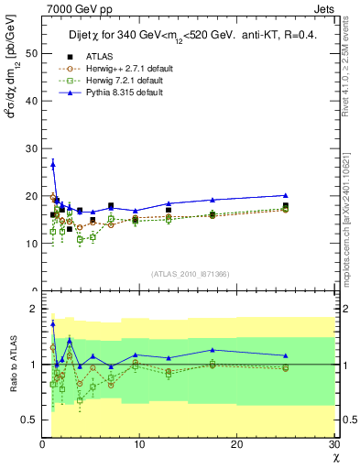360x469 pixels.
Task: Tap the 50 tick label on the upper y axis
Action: click(x=31, y=54)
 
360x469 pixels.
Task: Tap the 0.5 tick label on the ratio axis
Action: click(x=28, y=420)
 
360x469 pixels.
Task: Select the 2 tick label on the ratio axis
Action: click(x=33, y=310)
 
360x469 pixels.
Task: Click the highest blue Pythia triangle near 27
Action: click(x=53, y=164)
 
